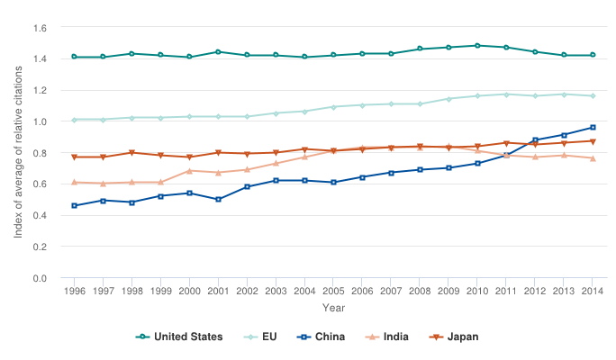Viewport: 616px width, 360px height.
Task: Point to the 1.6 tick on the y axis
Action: (40, 28)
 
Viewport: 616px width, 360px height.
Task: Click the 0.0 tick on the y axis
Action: (40, 278)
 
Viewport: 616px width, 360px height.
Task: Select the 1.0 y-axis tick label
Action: (40, 121)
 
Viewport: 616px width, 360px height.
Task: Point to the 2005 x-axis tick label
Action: (333, 292)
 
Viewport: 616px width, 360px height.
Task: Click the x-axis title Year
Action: (333, 309)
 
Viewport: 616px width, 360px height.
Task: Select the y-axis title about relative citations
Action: (18, 153)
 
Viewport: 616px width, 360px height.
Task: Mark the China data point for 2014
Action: (593, 127)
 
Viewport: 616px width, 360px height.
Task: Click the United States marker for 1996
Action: (74, 57)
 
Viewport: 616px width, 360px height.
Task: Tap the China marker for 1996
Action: (74, 206)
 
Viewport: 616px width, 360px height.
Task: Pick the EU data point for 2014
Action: (593, 95)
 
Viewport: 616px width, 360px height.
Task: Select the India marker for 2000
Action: (189, 171)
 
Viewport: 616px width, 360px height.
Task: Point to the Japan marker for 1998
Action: (131, 153)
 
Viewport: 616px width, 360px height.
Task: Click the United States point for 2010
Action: (477, 45)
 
